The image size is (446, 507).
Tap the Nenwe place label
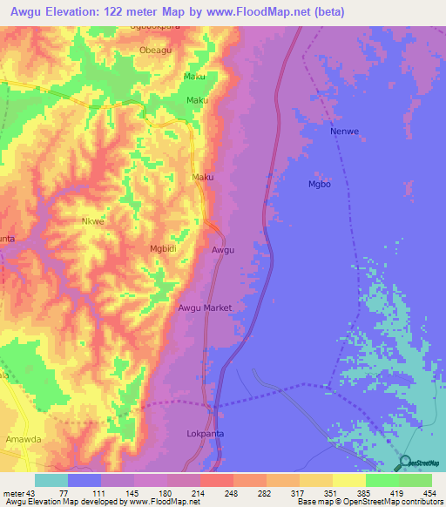coord(344,132)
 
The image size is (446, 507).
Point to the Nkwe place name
coord(93,221)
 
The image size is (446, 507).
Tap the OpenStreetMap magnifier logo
coord(405,462)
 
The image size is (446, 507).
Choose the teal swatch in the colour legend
coord(51,480)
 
